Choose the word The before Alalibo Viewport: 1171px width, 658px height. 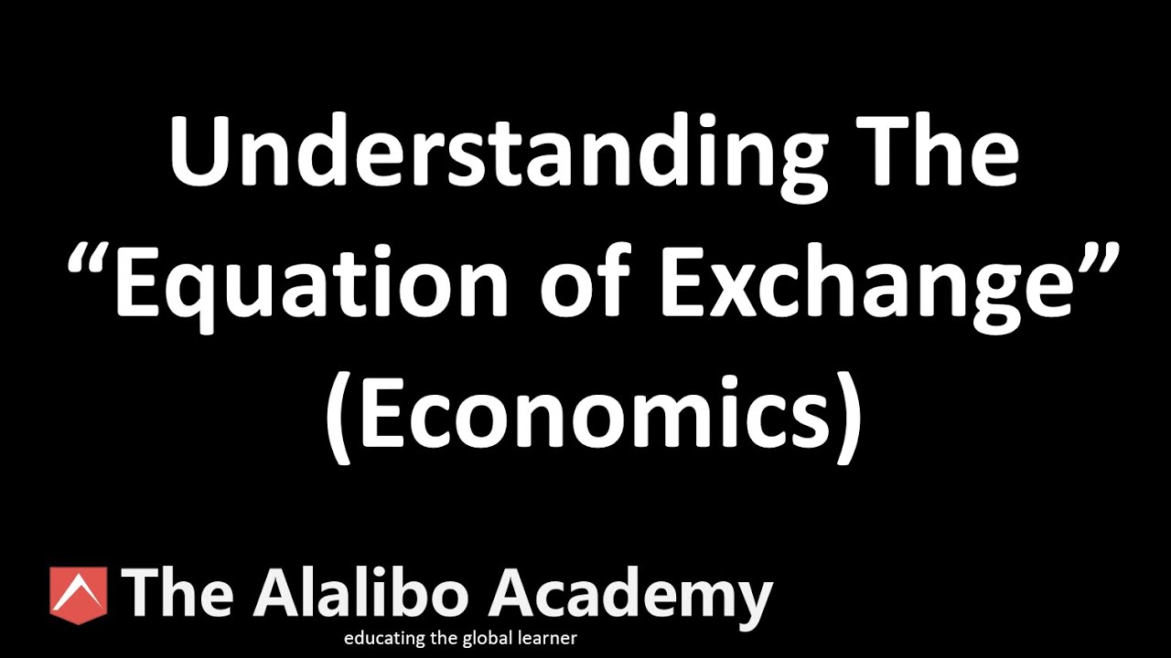pos(178,591)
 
